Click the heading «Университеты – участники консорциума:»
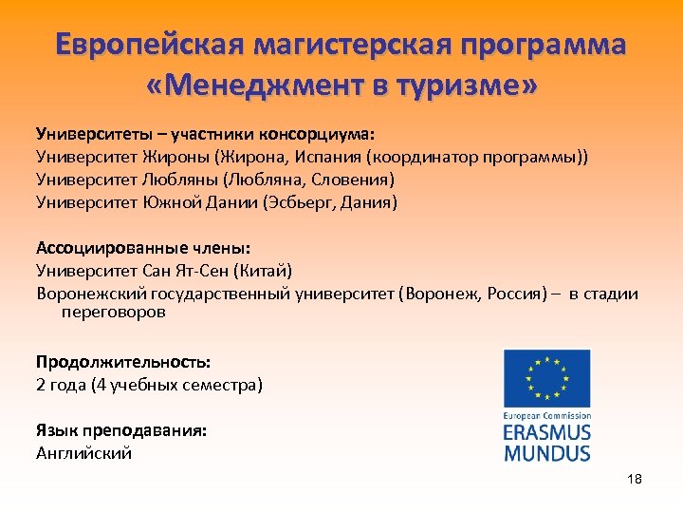206,133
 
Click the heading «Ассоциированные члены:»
143,249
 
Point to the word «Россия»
513,294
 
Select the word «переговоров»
113,312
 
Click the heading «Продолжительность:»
123,362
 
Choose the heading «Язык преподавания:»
121,430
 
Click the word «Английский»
84,453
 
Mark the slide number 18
635,479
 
